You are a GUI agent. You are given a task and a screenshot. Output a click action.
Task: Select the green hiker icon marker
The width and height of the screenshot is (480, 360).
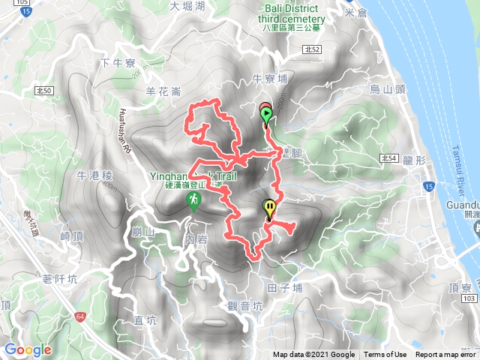[x=194, y=201]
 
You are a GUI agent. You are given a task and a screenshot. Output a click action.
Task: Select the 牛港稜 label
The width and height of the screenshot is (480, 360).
[x=94, y=175]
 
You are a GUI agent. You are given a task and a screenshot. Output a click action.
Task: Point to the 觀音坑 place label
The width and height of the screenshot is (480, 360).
[x=244, y=305]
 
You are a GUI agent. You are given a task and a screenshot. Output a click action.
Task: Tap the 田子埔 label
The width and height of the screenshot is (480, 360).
[x=284, y=286]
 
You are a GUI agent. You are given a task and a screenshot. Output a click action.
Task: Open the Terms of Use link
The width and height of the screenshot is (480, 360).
[x=385, y=355]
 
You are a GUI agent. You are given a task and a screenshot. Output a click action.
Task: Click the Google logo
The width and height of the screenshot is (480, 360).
[x=28, y=349]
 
